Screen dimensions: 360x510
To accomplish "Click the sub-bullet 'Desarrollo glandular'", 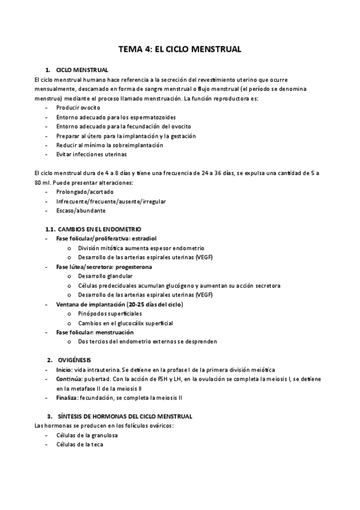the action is pyautogui.click(x=106, y=276).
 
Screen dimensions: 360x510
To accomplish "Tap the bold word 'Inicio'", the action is pyautogui.click(x=64, y=369).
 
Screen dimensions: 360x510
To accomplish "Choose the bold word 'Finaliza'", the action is pyautogui.click(x=67, y=398).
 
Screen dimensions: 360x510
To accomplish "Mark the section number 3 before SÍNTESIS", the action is pyautogui.click(x=49, y=416).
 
